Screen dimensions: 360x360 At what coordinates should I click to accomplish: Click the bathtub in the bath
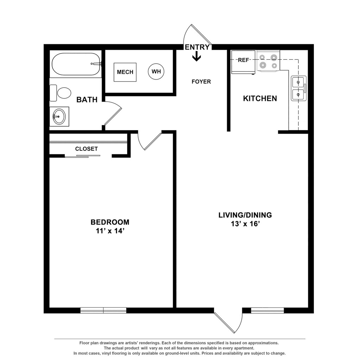coord(76,64)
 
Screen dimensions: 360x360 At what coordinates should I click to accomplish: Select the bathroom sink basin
coord(59,116)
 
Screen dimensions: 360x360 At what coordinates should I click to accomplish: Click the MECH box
coord(125,72)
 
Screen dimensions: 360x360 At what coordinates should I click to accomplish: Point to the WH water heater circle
coord(156,72)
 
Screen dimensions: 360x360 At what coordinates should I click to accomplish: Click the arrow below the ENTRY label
coord(197,56)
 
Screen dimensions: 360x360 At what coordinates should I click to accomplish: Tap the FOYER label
coord(201,82)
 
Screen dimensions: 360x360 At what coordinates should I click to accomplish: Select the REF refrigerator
coord(243,63)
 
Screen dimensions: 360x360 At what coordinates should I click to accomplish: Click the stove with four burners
coord(268,61)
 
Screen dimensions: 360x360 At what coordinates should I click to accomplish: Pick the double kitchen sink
coord(299,89)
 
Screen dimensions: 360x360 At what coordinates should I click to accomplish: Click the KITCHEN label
coord(260,98)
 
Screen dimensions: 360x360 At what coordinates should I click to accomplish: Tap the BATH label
coord(87,100)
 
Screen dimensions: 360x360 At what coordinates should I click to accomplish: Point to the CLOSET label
coord(86,149)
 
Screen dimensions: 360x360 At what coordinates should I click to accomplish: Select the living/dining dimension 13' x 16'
coord(245,224)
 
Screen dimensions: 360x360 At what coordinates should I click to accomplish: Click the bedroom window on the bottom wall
coord(103,310)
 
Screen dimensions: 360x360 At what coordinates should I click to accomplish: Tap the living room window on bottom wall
coord(267,310)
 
